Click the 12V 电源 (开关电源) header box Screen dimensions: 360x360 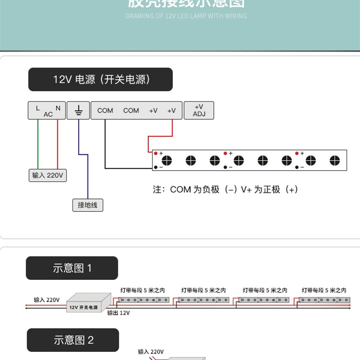(100, 80)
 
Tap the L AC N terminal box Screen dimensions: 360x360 (47, 110)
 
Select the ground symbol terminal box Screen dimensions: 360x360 (78, 110)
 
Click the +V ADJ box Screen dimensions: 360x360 (199, 110)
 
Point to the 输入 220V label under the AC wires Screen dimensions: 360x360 (47, 175)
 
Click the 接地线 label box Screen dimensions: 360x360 (87, 205)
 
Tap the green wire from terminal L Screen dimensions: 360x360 (38, 144)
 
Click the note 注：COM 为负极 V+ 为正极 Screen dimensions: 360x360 (225, 189)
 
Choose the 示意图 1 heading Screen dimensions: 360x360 (72, 268)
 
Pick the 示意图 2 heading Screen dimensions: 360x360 (73, 340)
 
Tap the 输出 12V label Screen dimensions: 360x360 (119, 313)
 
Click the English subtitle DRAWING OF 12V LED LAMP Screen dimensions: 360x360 (186, 16)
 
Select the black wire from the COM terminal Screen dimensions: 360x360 (105, 148)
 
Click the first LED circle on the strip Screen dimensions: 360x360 (167, 160)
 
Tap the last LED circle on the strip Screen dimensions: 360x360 (334, 160)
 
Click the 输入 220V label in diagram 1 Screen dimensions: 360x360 (47, 300)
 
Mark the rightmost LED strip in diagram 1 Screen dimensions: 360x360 (324, 299)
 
